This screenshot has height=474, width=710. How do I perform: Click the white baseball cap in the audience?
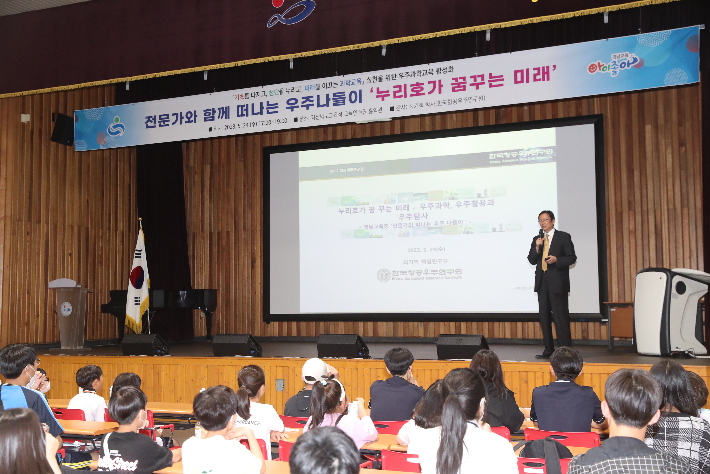(315, 370)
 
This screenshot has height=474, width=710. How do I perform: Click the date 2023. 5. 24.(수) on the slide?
(426, 250)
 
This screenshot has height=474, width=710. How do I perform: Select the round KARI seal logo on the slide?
(384, 275)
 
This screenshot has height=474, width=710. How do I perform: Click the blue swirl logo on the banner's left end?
(116, 126)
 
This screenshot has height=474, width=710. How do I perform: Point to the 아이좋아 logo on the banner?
(613, 65)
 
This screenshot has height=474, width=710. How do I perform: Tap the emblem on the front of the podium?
(66, 309)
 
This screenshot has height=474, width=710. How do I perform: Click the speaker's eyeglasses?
(545, 220)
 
